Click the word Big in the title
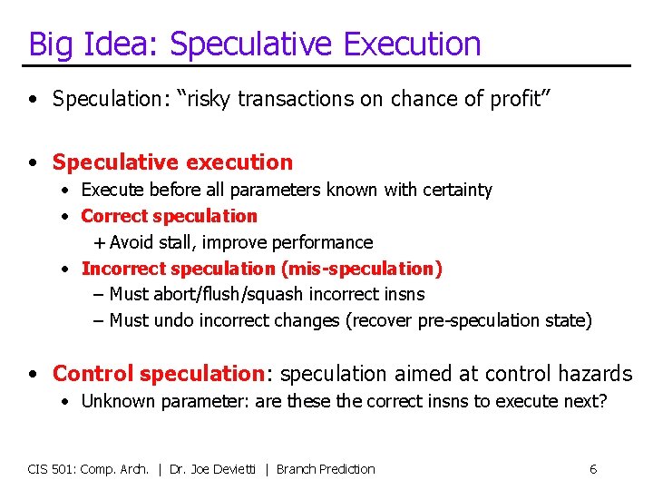coord(50,44)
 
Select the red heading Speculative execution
coord(172,162)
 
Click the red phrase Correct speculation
coord(170,216)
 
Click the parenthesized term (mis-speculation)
coord(361,269)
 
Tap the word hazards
coord(594,373)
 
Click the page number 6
coord(592,469)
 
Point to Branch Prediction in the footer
coord(325,469)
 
